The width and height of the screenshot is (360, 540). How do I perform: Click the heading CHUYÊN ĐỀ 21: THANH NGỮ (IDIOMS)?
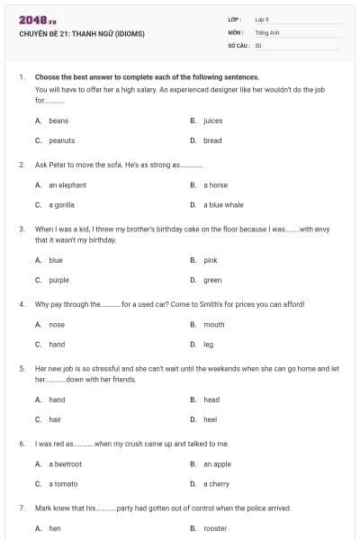[81, 34]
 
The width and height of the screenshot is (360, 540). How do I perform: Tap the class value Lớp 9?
[262, 19]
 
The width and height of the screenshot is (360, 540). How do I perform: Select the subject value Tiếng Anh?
[265, 31]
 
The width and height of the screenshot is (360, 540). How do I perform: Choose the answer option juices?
[212, 121]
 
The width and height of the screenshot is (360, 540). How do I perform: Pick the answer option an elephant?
[67, 185]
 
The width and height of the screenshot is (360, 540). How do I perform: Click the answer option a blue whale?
[223, 205]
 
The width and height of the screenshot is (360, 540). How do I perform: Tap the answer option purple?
[58, 280]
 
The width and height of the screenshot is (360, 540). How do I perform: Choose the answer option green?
[212, 280]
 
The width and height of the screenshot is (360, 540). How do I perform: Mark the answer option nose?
[57, 325]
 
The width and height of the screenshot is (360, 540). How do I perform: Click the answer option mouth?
[213, 325]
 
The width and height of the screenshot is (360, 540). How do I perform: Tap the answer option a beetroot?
[65, 464]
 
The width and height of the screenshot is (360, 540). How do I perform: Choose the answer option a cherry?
[216, 484]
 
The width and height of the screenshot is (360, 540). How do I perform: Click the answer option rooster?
[215, 529]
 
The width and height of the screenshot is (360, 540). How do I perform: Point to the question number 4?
[21, 304]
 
